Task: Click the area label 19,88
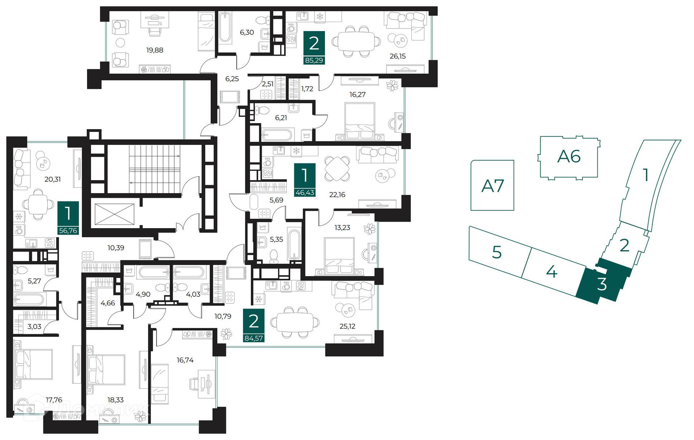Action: pos(155,50)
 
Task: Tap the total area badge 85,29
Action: pos(314,60)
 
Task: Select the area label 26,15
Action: pos(398,56)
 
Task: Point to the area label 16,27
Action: pos(357,95)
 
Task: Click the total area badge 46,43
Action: pos(305,193)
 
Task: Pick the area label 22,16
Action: pos(337,195)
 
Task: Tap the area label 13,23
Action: pos(342,227)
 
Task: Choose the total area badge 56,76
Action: pos(68,230)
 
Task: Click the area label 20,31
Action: pos(52,179)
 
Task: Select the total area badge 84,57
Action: pos(254,338)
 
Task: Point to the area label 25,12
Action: pos(347,326)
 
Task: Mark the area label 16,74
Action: pos(185,360)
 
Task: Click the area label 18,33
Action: pos(115,400)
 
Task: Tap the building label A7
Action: pos(493,186)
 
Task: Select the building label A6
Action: pos(569,156)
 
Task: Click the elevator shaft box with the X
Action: pos(114,214)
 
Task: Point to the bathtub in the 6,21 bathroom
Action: pos(277,135)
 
